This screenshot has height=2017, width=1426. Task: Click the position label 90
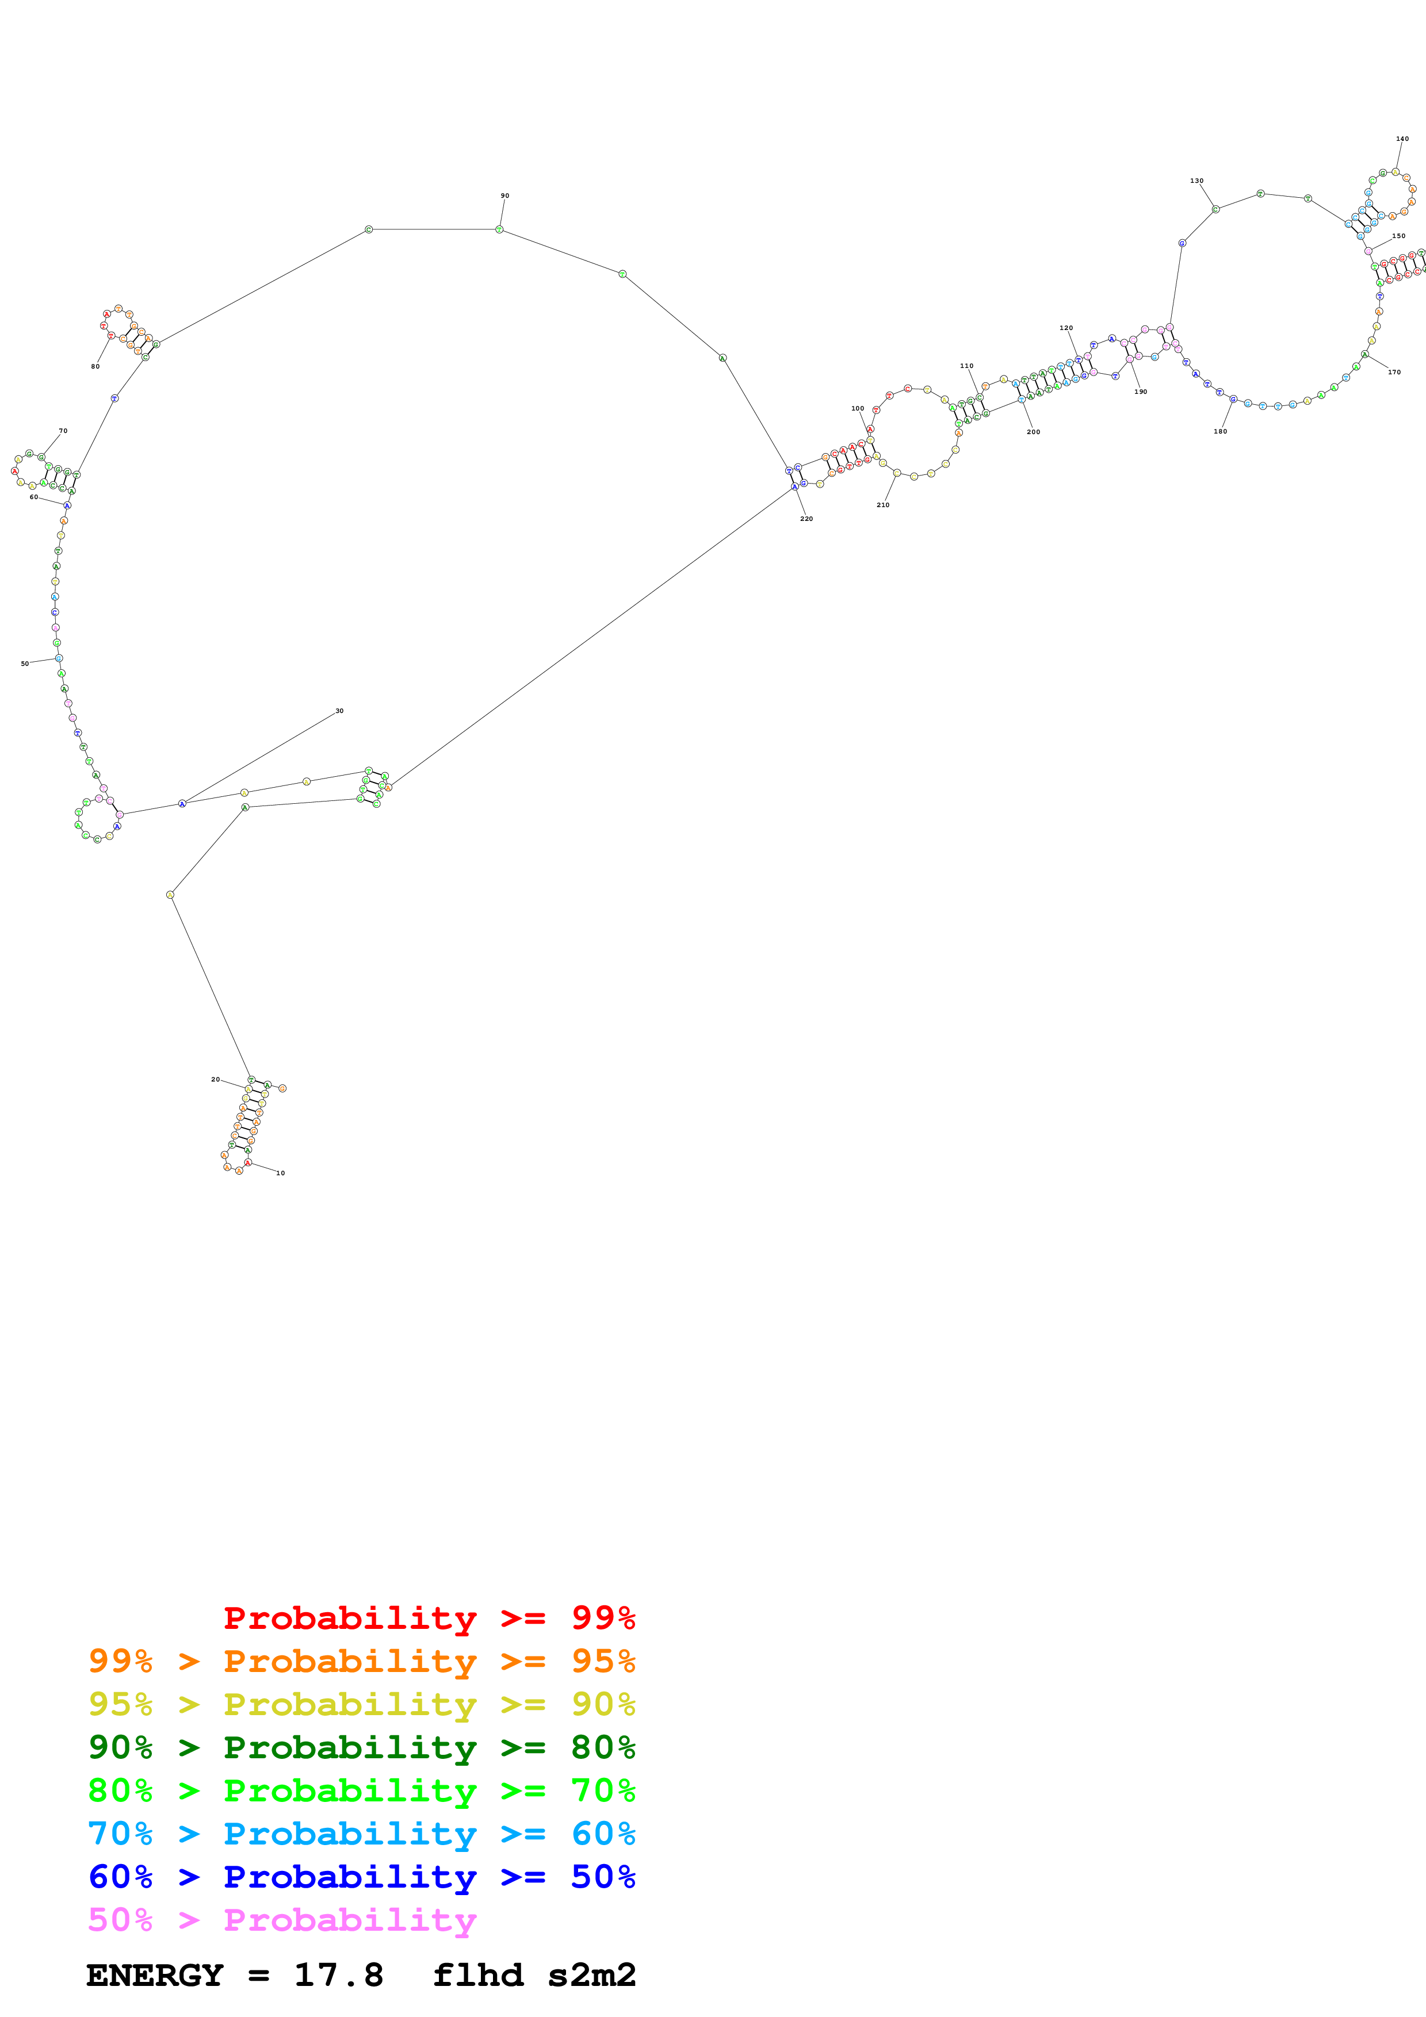504,196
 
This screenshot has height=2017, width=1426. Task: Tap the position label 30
339,711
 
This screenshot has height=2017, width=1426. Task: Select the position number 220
806,519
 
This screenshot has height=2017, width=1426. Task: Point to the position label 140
1402,139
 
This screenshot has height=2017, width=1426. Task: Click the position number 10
280,1173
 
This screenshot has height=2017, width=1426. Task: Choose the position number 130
1196,181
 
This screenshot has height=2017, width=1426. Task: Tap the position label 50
25,664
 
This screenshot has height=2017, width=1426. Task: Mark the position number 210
882,505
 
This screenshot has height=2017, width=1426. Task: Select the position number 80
95,366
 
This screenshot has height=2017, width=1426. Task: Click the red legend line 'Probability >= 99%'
429,1618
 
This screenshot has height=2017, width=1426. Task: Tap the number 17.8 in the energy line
338,1975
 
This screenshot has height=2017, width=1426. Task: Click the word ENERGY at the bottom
155,1975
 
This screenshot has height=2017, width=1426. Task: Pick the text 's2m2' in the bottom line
591,1975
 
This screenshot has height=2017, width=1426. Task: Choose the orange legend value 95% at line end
603,1661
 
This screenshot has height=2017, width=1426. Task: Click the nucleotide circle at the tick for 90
499,229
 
